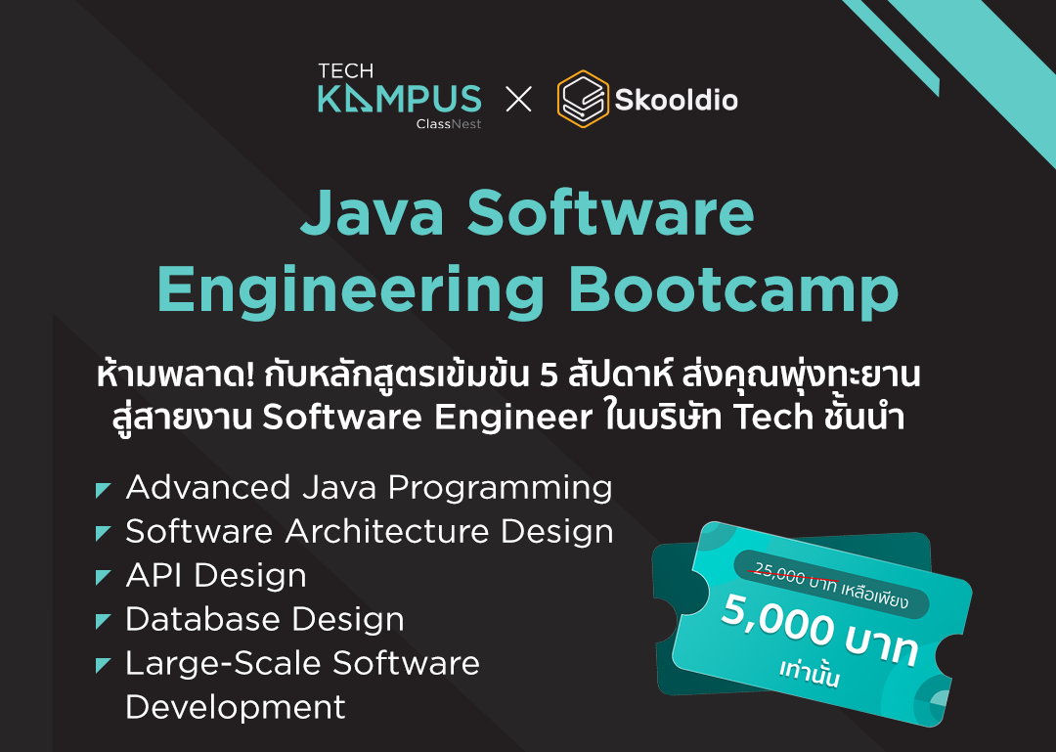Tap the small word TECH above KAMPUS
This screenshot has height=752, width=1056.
coord(345,70)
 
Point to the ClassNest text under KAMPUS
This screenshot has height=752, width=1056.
coord(448,124)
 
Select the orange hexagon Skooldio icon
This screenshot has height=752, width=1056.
coord(583,99)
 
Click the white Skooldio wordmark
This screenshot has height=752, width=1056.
coord(676,100)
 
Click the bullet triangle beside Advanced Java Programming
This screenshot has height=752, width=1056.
coord(103,489)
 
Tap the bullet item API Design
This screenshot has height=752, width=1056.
coord(216,576)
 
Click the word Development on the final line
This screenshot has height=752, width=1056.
coord(236,707)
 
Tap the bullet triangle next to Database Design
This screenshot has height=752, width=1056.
coord(103,620)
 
